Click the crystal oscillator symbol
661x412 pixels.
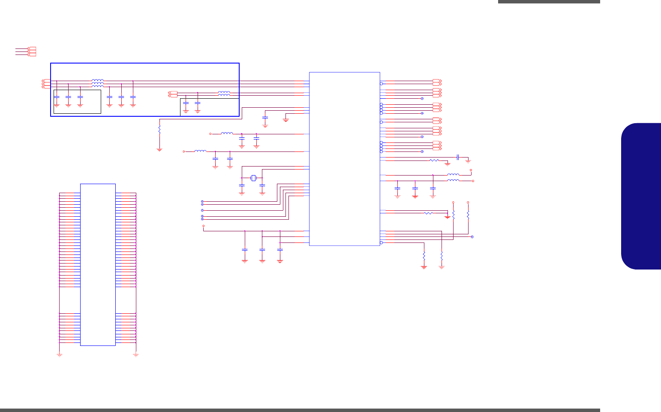pos(253,178)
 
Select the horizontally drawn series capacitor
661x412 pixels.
pos(458,157)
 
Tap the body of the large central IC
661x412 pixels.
pos(344,159)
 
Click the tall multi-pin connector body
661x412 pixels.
pos(98,264)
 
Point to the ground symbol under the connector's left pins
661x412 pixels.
pos(60,355)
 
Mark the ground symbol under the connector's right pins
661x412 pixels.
pos(136,355)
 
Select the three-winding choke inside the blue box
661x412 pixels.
pos(97,83)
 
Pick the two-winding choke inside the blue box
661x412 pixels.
pos(224,93)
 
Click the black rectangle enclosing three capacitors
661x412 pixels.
pos(77,102)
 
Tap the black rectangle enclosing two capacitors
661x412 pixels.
pos(209,107)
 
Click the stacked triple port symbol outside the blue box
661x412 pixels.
pos(32,51)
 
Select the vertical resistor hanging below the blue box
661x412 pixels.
pos(159,129)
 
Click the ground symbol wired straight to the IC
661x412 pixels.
pos(286,121)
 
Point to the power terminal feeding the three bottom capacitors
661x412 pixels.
pos(204,226)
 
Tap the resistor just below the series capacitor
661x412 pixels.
pos(434,161)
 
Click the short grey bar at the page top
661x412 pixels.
pos(549,2)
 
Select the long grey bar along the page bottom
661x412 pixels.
pos(300,410)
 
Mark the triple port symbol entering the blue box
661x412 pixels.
pos(44,84)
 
